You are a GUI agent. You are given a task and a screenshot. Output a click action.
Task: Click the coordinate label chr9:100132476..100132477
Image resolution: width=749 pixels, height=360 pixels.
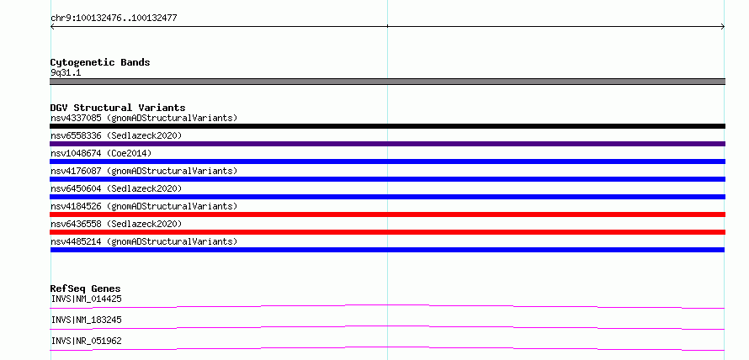(114, 19)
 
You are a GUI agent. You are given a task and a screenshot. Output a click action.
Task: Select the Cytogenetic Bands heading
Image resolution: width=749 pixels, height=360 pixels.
(100, 62)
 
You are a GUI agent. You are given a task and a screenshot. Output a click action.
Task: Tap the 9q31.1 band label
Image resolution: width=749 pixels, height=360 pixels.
(66, 72)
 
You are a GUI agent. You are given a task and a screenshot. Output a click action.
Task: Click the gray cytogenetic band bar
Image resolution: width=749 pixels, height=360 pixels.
(387, 82)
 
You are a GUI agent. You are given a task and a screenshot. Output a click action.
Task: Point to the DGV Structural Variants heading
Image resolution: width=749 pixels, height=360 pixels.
(118, 108)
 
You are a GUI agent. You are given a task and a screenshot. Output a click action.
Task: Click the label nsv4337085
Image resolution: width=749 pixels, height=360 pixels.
(76, 118)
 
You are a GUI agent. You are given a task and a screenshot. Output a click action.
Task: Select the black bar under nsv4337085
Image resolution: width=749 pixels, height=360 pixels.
(387, 126)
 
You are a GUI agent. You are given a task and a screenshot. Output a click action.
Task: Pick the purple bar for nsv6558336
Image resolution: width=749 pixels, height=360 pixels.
(387, 144)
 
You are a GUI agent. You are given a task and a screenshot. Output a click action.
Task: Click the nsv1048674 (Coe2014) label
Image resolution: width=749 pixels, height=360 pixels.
(101, 153)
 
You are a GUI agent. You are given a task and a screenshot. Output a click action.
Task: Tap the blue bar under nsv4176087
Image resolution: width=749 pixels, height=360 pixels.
(387, 179)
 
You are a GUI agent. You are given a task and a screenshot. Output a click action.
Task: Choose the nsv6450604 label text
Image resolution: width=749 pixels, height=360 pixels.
(76, 188)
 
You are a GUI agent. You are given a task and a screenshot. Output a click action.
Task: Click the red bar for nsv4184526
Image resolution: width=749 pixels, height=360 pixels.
(387, 214)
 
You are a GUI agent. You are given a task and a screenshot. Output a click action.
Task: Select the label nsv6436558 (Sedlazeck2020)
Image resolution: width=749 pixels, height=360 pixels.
(116, 224)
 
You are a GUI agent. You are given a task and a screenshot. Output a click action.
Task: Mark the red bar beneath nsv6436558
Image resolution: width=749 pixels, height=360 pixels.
(387, 232)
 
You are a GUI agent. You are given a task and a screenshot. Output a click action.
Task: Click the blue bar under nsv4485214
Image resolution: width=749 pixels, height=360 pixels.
(387, 250)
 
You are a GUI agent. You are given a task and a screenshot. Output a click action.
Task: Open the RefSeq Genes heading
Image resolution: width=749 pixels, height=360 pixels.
(86, 289)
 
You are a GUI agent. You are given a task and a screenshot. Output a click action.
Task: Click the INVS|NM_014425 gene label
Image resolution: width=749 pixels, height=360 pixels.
(86, 299)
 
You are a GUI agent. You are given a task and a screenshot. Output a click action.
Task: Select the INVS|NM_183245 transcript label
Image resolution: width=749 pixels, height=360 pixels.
(86, 320)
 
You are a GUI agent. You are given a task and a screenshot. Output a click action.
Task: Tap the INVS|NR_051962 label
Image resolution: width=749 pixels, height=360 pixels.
(86, 341)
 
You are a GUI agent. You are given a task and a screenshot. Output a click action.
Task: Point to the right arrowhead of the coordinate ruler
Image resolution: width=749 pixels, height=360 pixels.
(724, 27)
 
